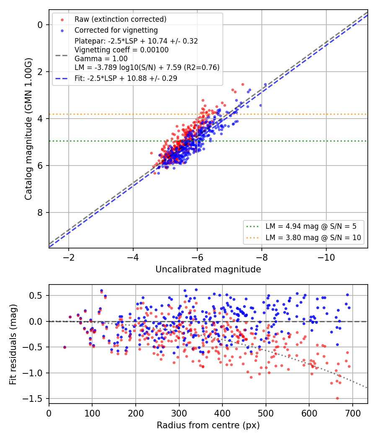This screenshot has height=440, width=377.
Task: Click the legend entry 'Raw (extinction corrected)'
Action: tap(120, 19)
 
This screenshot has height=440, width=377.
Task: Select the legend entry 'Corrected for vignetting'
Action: tap(116, 30)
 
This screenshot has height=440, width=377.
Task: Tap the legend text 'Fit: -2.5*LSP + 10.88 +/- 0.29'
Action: tap(126, 78)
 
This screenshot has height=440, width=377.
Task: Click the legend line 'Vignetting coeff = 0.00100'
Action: tap(121, 50)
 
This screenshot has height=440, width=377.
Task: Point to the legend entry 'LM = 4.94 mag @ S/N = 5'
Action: tap(311, 226)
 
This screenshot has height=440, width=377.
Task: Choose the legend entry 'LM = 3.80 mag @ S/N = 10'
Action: tap(313, 238)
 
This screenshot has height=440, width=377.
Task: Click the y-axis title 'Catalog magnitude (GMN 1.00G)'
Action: tap(28, 129)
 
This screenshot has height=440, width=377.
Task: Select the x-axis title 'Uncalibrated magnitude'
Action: tap(208, 269)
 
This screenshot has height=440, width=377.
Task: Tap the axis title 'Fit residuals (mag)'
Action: tap(13, 344)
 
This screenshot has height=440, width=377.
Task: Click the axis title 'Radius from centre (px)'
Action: tap(208, 425)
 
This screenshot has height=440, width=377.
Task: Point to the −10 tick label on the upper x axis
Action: tap(326, 257)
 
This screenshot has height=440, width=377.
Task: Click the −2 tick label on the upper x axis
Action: tap(68, 257)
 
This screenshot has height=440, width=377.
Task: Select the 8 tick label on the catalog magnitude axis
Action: tap(40, 213)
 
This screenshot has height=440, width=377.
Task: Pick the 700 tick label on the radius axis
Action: tap(352, 413)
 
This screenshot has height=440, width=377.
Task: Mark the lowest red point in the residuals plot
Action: tap(337, 398)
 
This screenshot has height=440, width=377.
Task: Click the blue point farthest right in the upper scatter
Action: tap(265, 85)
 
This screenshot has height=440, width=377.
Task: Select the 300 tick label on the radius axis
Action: tap(179, 413)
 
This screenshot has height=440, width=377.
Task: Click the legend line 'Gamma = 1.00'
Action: tap(101, 59)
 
